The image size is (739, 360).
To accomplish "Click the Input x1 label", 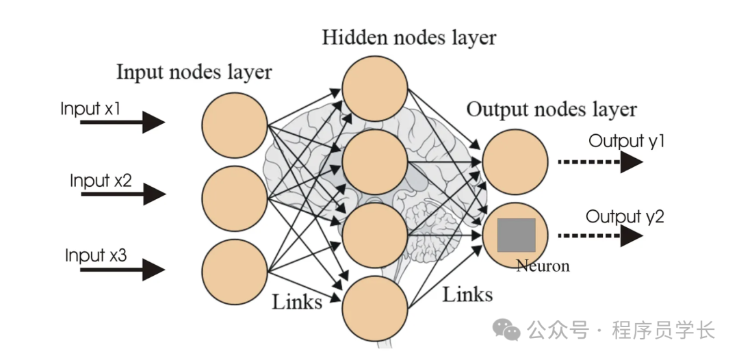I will (91, 109).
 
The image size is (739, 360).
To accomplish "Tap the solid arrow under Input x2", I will (122, 195).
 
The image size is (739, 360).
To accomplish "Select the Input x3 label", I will (96, 255).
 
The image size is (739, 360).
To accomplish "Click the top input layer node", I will (234, 124).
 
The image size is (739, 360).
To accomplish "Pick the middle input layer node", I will (234, 197).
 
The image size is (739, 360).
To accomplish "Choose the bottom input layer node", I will (234, 271).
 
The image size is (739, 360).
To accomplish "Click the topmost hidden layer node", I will (374, 88).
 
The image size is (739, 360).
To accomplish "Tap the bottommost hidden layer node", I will (374, 308).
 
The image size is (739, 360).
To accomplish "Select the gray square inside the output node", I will (516, 235).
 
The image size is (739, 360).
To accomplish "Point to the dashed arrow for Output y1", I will (600, 162).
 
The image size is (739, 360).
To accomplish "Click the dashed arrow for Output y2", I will (600, 236).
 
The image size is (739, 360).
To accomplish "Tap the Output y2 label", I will (625, 217).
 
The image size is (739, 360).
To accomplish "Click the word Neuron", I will (543, 266).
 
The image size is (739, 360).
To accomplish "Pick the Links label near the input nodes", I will (297, 302).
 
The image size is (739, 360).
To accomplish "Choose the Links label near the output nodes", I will (467, 295).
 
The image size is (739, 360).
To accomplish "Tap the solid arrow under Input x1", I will (122, 123).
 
